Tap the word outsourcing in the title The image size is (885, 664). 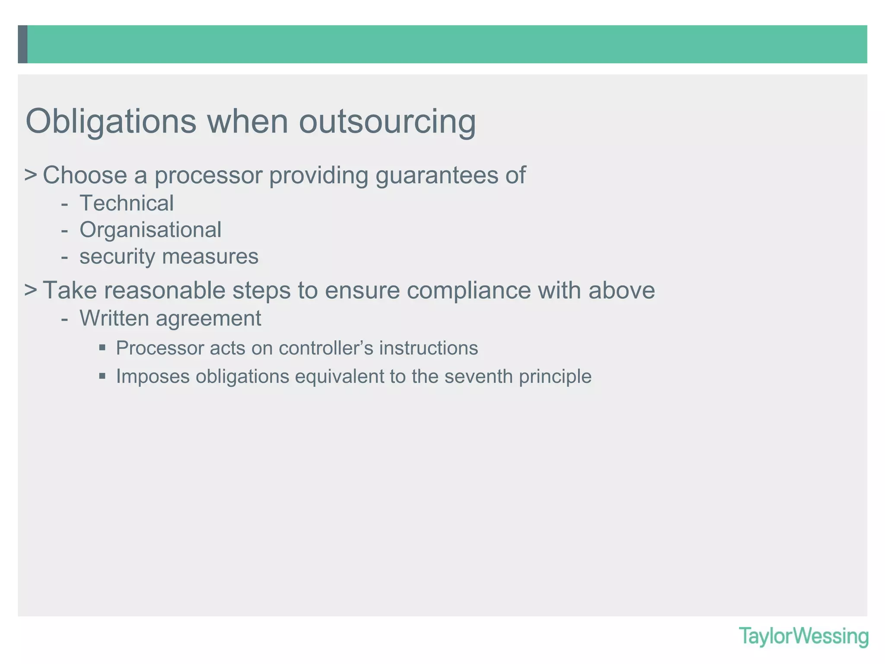click(387, 122)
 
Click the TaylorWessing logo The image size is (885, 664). click(803, 636)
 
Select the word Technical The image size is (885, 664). click(127, 203)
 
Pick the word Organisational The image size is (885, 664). click(150, 230)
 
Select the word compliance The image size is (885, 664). click(468, 290)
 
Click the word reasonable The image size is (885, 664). click(164, 290)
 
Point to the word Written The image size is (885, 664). click(114, 318)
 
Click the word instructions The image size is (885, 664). click(429, 348)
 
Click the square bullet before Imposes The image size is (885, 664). click(102, 375)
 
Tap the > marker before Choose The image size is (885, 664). click(30, 175)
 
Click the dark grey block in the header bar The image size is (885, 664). click(22, 44)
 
